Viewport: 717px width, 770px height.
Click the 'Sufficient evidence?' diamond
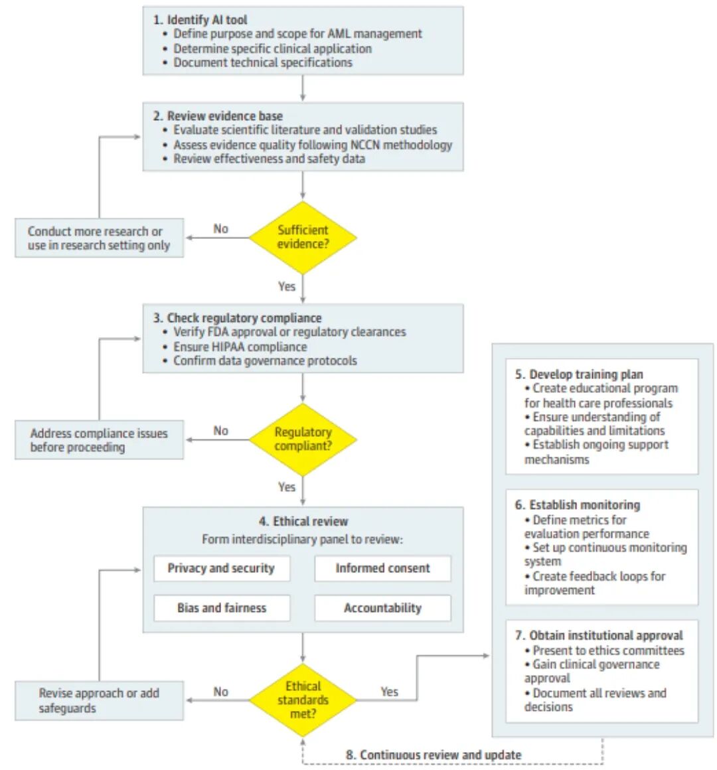pyautogui.click(x=303, y=238)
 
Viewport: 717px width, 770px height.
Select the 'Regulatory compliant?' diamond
pyautogui.click(x=303, y=439)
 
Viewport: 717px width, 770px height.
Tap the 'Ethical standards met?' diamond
pyautogui.click(x=303, y=700)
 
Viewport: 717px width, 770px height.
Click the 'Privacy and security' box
pyautogui.click(x=222, y=568)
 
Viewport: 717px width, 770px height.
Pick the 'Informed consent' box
pyautogui.click(x=382, y=568)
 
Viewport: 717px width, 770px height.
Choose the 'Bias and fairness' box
pyautogui.click(x=222, y=608)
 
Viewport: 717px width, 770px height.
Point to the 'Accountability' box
pyautogui.click(x=382, y=608)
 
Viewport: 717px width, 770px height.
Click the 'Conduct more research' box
pyautogui.click(x=99, y=238)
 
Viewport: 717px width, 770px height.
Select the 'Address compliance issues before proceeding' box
pyautogui.click(x=99, y=440)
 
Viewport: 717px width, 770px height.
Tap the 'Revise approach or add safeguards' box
pyautogui.click(x=99, y=701)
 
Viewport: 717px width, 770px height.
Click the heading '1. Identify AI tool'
pyautogui.click(x=200, y=20)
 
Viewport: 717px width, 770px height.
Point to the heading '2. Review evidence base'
pyautogui.click(x=218, y=116)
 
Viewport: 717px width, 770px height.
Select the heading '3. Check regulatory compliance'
pyautogui.click(x=237, y=318)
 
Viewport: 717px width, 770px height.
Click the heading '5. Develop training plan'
pyautogui.click(x=579, y=374)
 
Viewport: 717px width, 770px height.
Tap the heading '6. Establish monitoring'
pyautogui.click(x=578, y=505)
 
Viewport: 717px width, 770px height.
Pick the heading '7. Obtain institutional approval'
pyautogui.click(x=599, y=635)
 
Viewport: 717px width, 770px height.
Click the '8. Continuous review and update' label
pyautogui.click(x=434, y=755)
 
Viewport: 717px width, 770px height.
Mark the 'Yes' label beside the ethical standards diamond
pyautogui.click(x=390, y=692)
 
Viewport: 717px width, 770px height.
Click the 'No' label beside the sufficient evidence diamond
pyautogui.click(x=221, y=229)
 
